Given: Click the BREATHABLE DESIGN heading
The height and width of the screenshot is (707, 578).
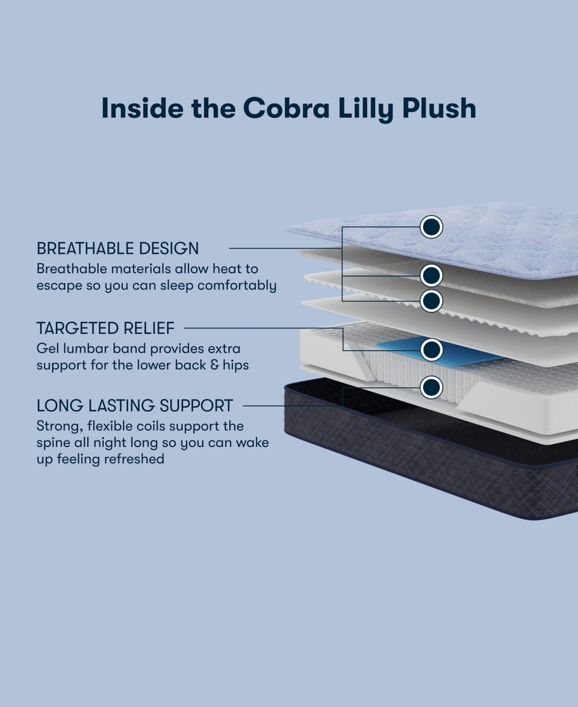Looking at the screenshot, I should [x=118, y=248].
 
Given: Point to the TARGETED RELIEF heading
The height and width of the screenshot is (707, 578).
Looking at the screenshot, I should [x=105, y=328].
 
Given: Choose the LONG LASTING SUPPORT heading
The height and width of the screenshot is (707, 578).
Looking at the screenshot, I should [x=135, y=406].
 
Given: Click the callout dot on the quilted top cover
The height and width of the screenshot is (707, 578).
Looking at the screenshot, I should [x=431, y=227].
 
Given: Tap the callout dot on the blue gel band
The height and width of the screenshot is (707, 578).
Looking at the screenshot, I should [x=431, y=349].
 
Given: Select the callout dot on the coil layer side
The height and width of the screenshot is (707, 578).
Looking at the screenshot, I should [x=431, y=387].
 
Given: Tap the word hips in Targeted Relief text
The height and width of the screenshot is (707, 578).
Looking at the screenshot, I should [x=236, y=365].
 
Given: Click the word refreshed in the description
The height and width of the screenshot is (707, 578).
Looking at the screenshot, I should [x=134, y=459].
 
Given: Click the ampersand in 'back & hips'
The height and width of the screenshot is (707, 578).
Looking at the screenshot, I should [x=214, y=365].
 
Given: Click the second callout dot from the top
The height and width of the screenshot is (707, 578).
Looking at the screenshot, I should [x=431, y=276].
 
